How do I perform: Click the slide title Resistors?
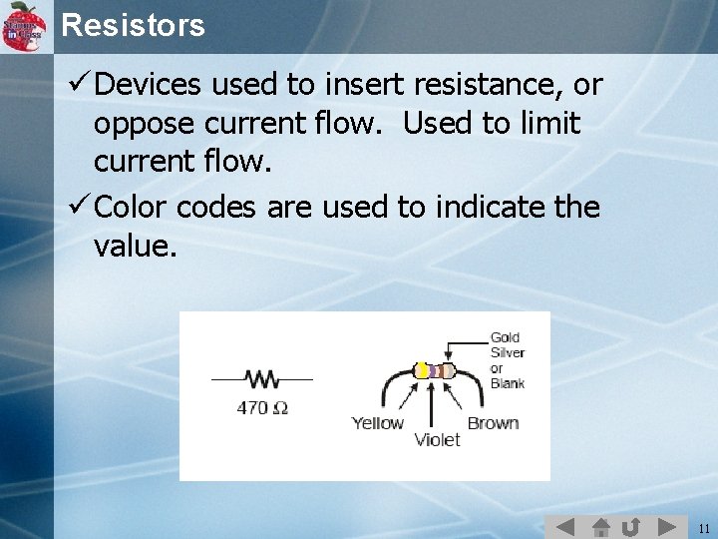(133, 25)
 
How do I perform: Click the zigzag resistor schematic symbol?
(262, 379)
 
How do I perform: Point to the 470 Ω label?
(262, 407)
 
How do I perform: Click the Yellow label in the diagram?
(377, 423)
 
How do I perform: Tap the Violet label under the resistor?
(437, 439)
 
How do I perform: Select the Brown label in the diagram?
(493, 423)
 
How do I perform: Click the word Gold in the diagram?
(506, 338)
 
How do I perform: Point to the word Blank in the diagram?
(508, 382)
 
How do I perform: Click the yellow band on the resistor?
(423, 370)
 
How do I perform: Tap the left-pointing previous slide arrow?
(564, 526)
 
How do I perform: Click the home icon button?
(599, 526)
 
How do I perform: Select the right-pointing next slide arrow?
(665, 526)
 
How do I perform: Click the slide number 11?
(704, 528)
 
